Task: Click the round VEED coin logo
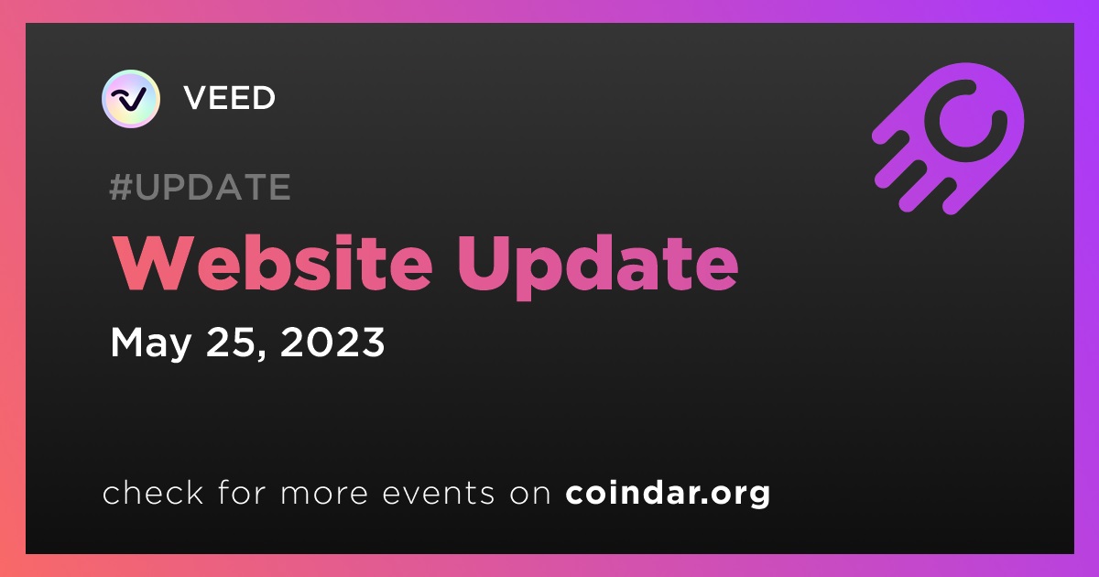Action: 131,99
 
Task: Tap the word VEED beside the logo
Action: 229,98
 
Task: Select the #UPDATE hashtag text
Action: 201,187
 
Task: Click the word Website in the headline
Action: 273,264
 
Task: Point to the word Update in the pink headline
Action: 597,267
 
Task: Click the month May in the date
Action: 150,343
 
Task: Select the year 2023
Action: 332,342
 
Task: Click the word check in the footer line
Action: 153,492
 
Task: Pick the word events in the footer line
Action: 438,493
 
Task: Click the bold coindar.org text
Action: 668,493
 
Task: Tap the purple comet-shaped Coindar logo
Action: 948,138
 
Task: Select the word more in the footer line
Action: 324,493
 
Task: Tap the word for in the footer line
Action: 242,492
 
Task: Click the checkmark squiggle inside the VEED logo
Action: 128,99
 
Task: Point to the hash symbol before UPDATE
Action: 120,187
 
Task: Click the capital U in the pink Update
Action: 484,264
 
